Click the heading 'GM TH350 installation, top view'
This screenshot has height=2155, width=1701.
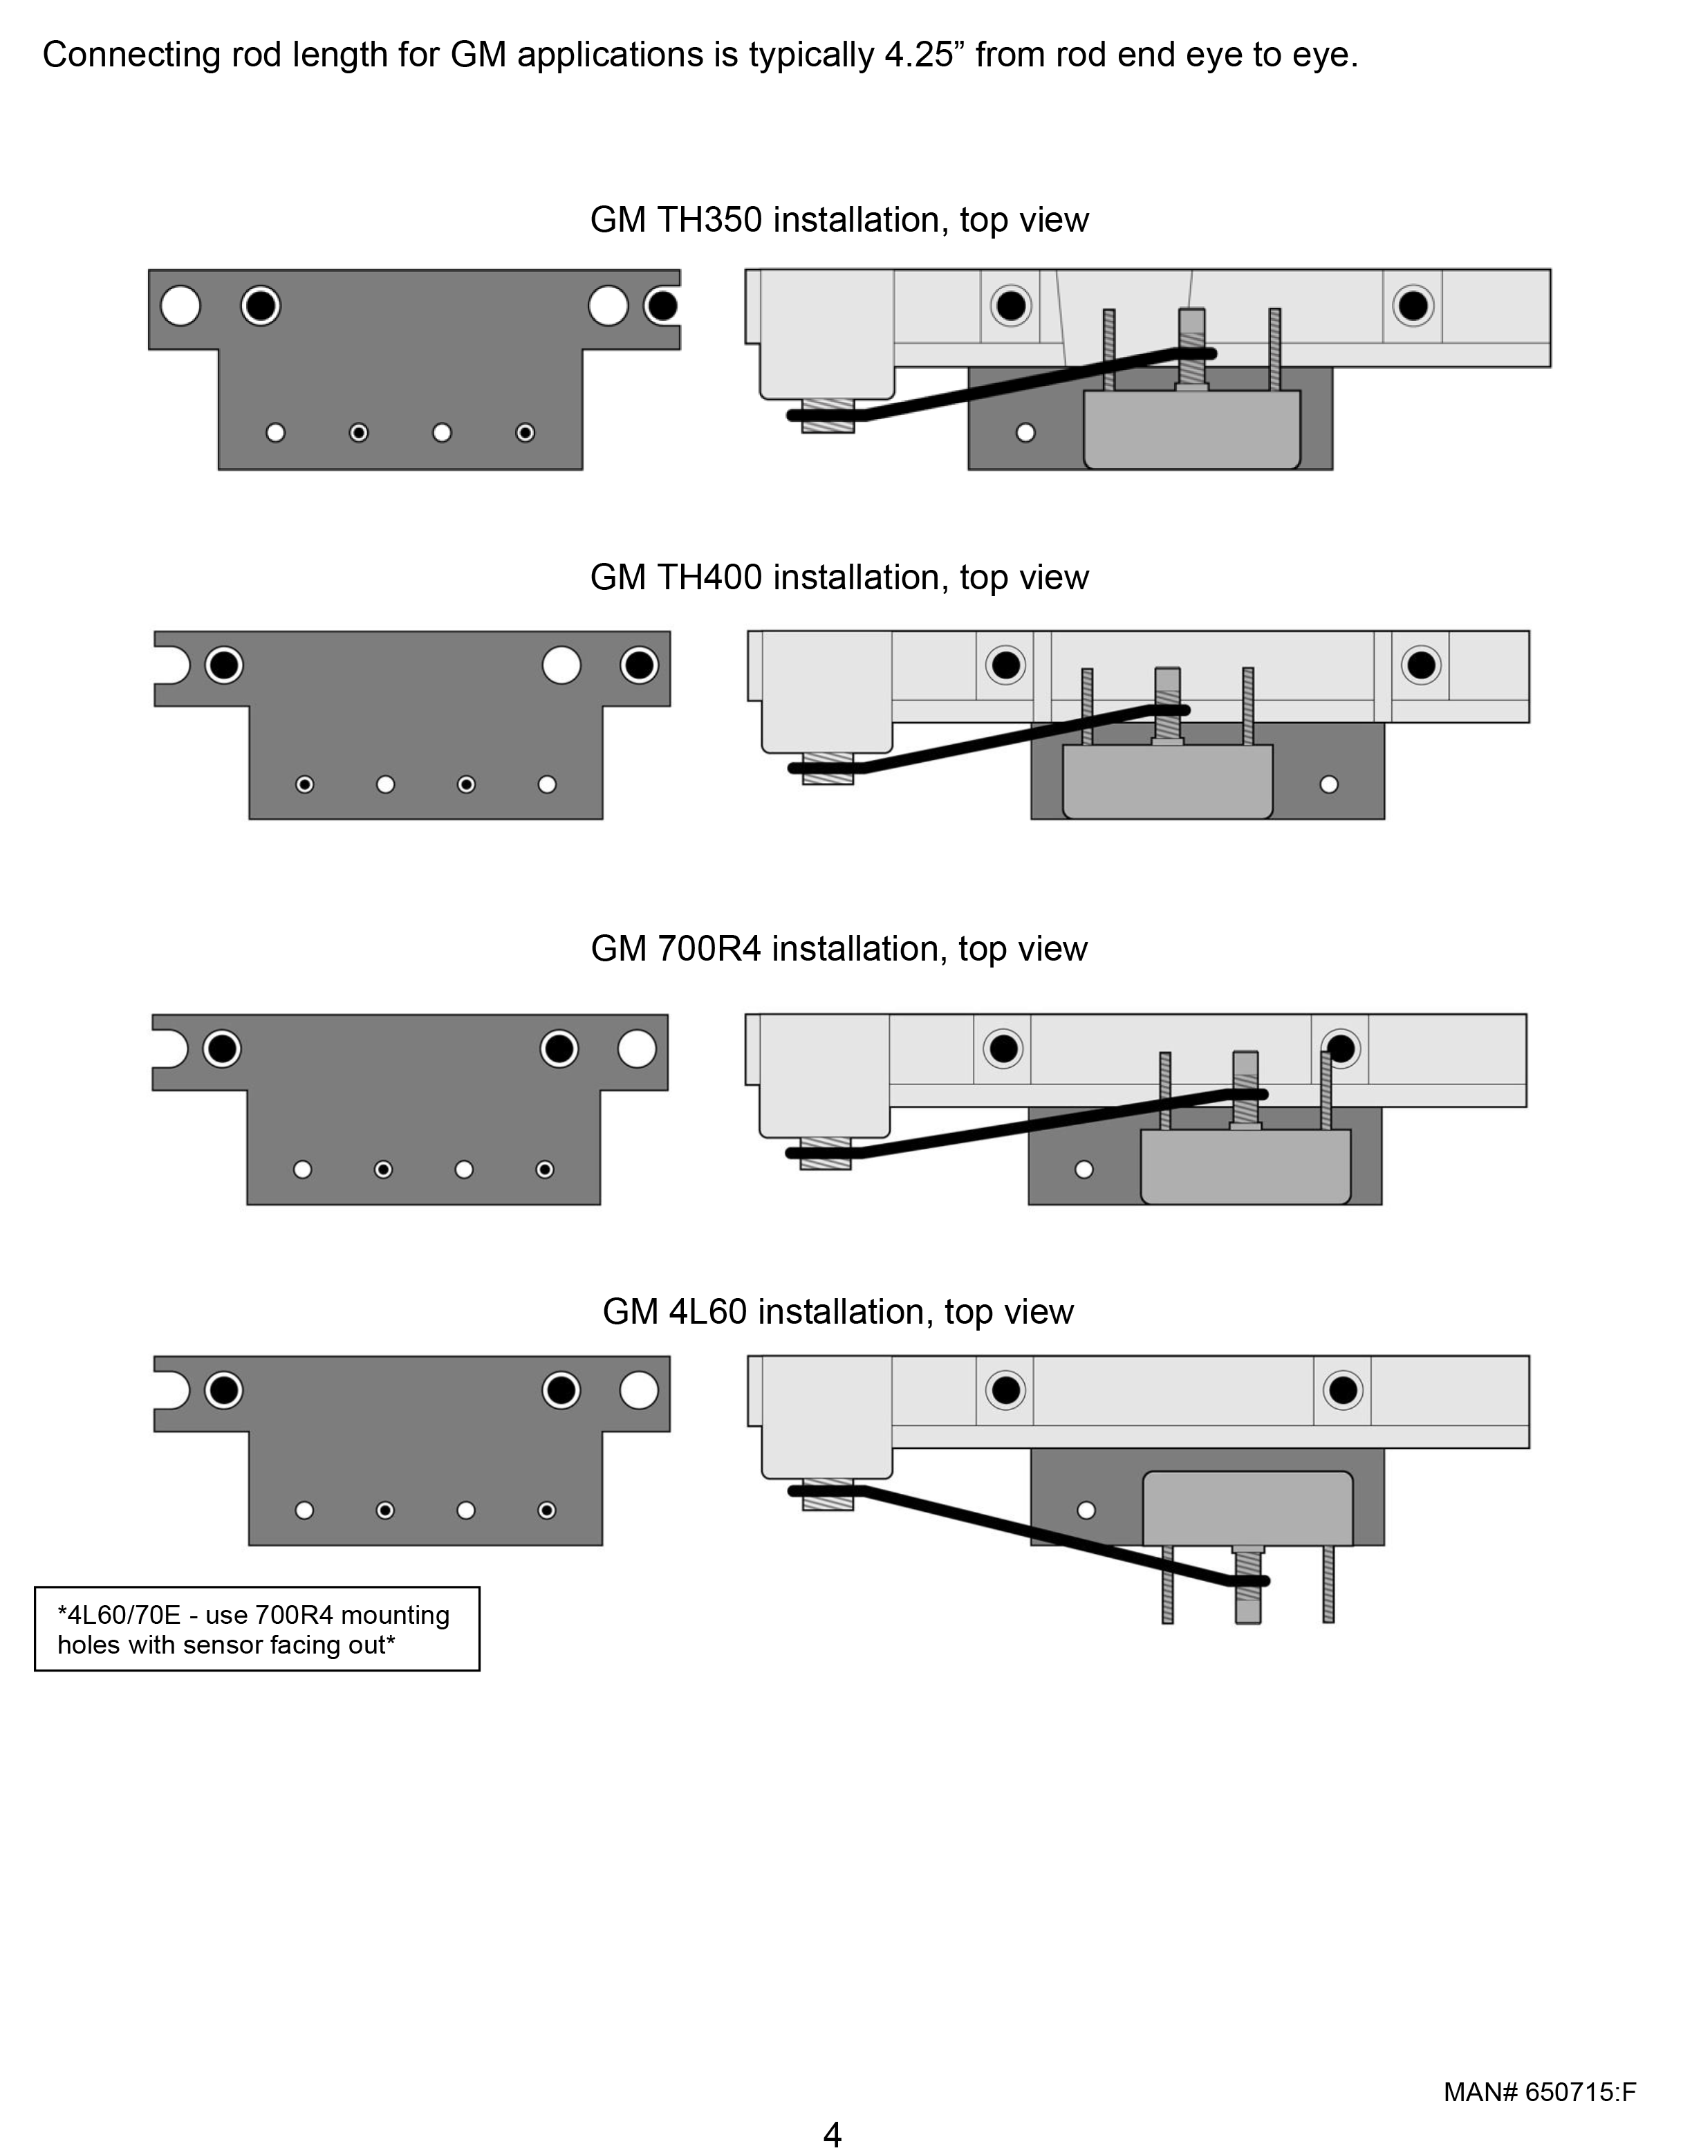click(x=839, y=220)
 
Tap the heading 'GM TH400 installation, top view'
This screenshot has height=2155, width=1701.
click(x=839, y=577)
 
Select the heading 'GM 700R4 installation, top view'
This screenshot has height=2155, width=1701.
click(x=839, y=949)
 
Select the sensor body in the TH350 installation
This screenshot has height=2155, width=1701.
click(x=1192, y=429)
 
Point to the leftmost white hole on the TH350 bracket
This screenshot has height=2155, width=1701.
click(x=180, y=306)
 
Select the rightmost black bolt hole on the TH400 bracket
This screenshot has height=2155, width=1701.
click(x=640, y=665)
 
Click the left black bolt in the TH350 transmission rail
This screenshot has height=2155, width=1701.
click(x=1011, y=306)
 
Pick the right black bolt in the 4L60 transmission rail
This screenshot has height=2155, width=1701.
click(x=1344, y=1389)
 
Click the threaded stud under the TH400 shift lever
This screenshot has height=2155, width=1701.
click(x=828, y=769)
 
